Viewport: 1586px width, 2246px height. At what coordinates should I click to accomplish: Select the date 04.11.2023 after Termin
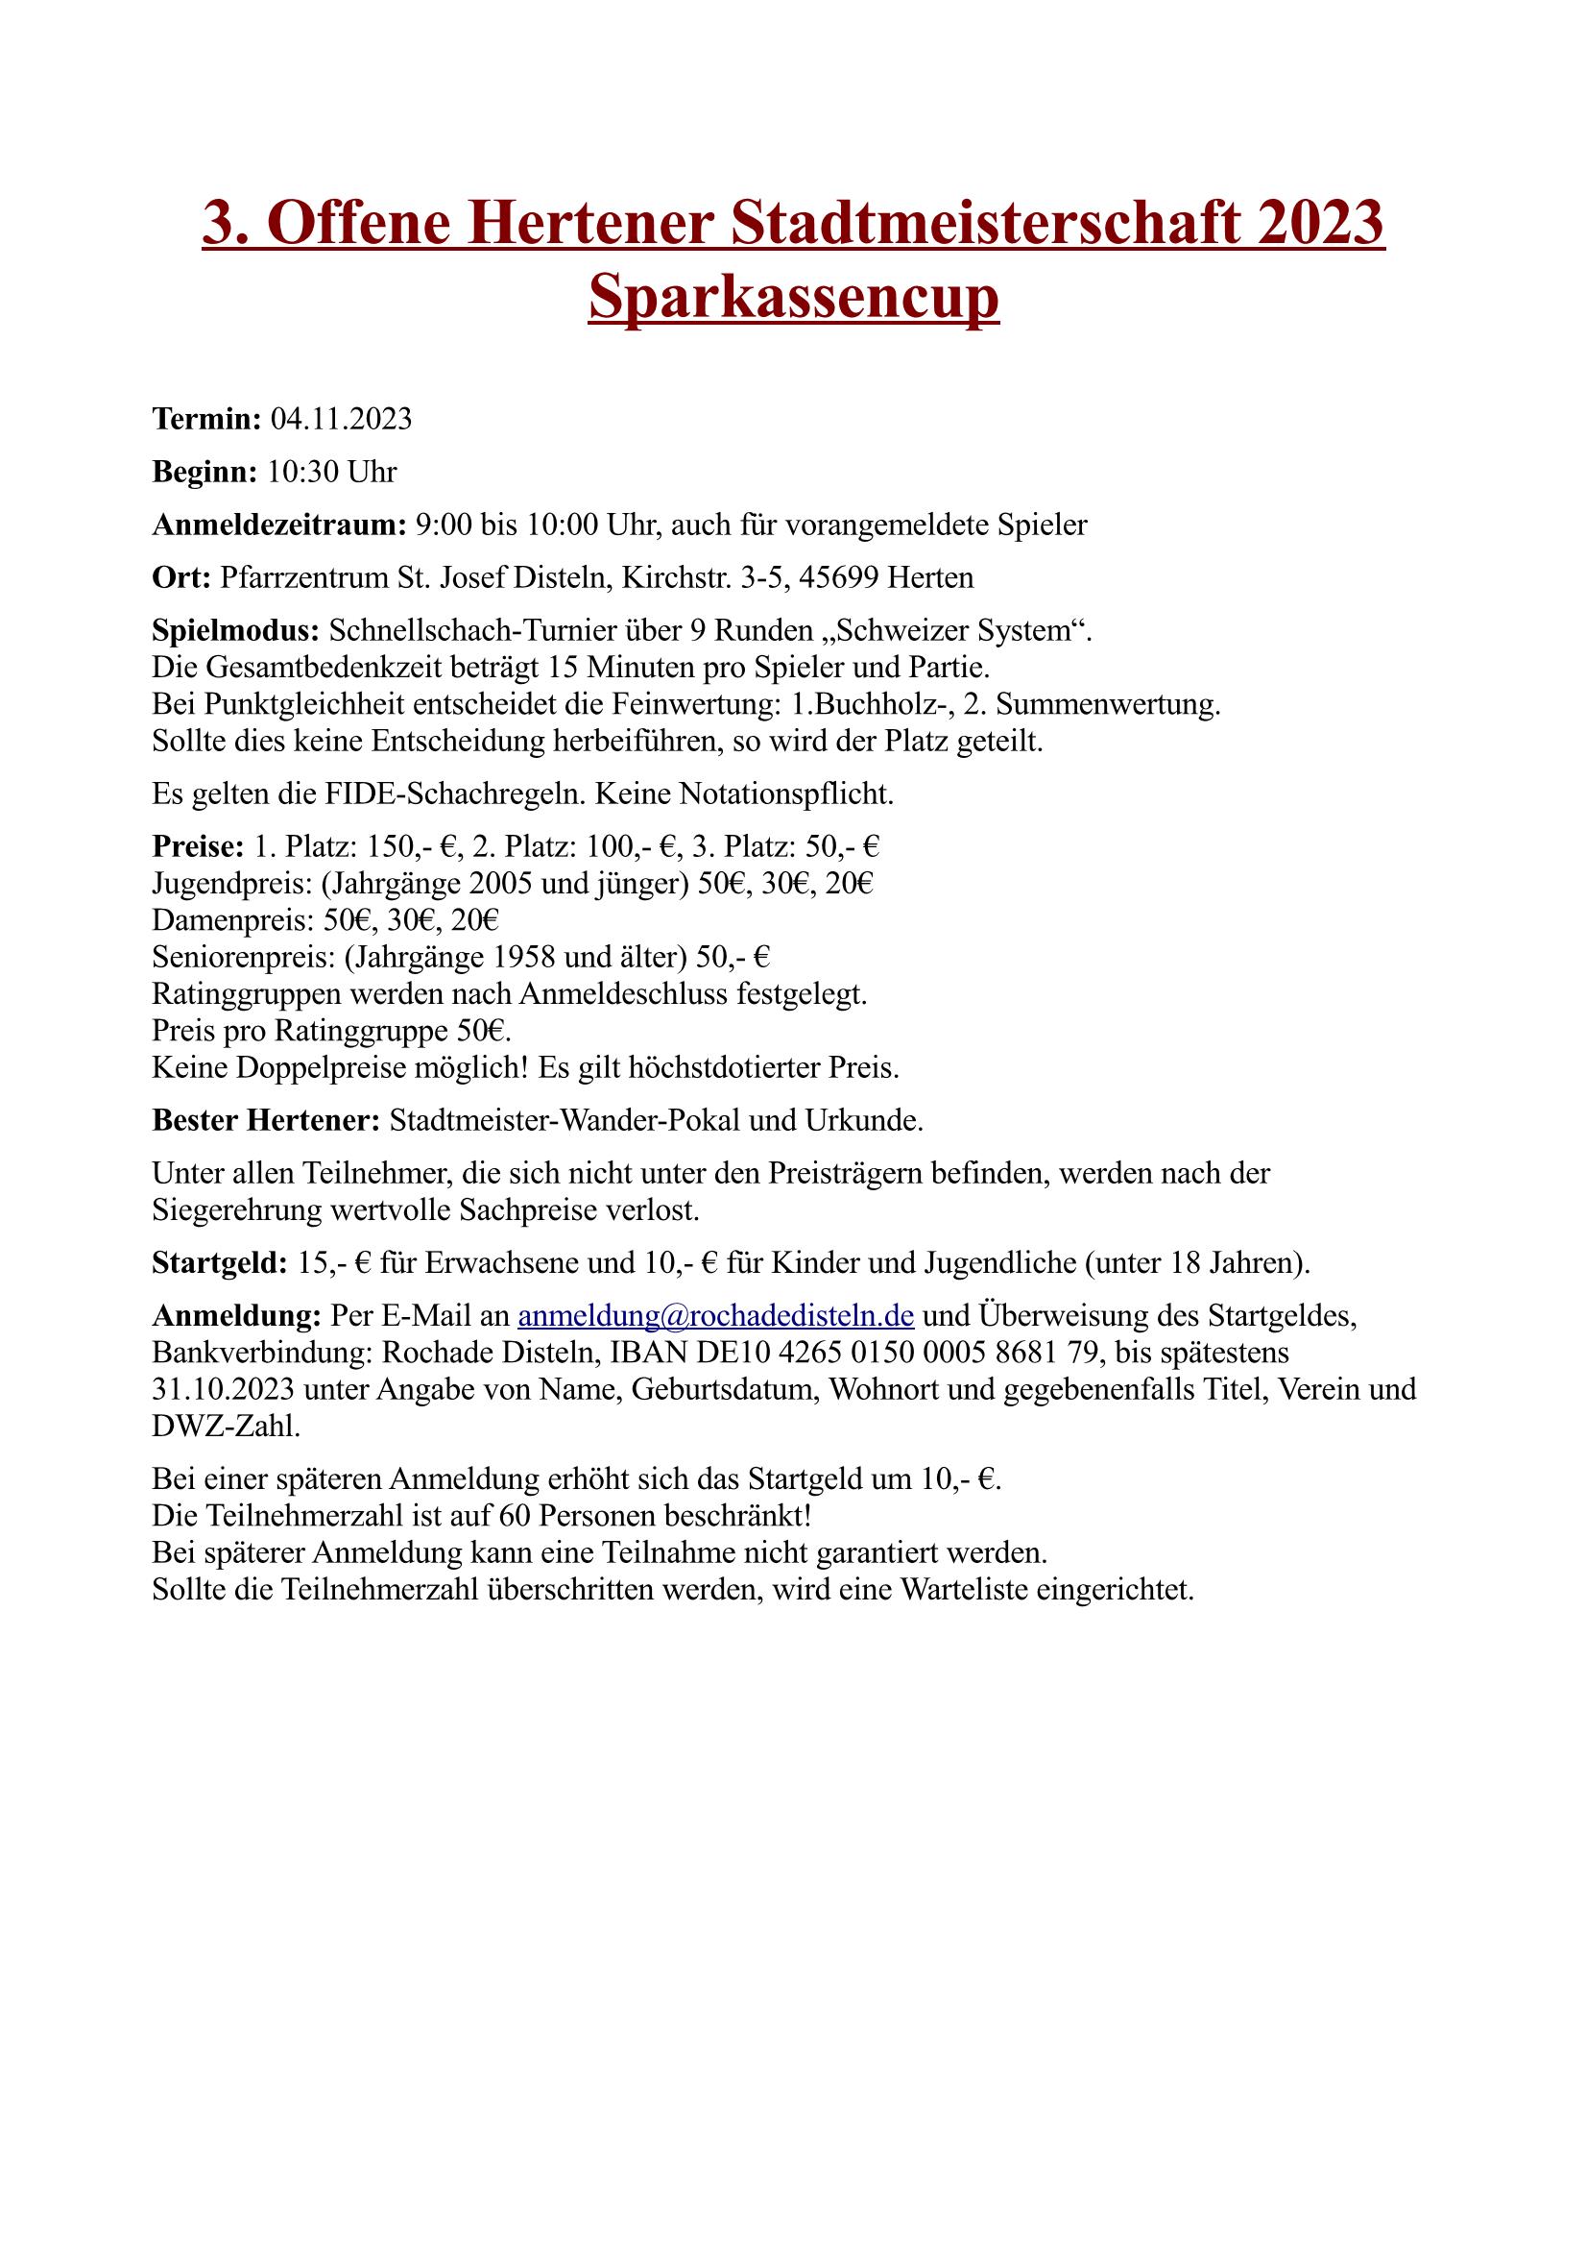(340, 420)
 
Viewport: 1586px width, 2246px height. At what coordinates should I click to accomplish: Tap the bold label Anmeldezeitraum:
(279, 525)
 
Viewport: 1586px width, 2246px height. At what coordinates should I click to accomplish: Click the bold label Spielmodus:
(235, 631)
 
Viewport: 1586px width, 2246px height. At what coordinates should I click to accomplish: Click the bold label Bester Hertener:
(266, 1120)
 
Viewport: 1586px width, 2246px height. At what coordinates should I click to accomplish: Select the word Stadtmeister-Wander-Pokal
(565, 1120)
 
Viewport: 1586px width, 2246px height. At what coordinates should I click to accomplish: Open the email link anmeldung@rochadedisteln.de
(716, 1316)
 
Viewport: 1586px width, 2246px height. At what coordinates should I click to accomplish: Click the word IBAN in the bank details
(644, 1353)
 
